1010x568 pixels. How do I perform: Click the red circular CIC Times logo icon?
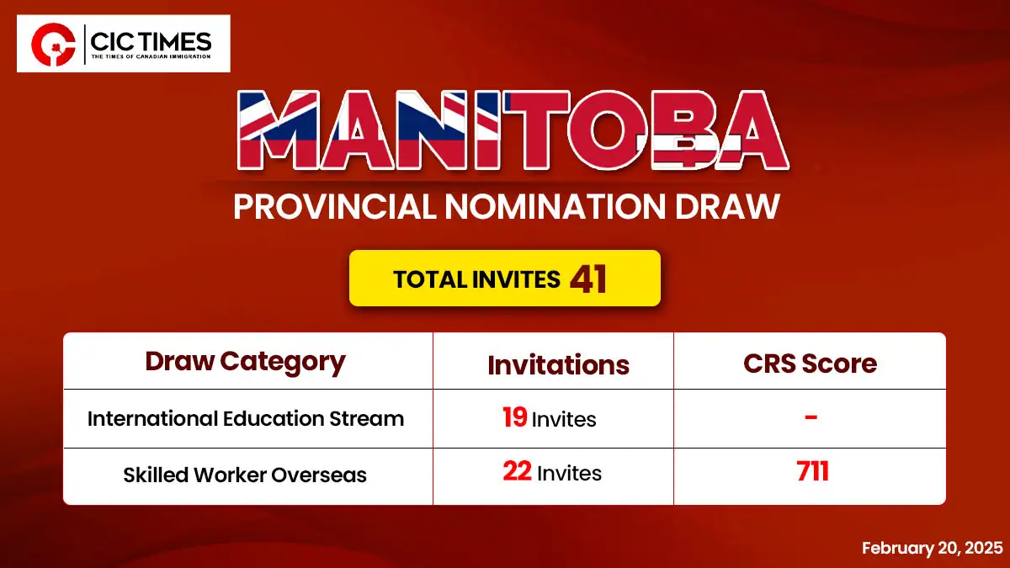53,44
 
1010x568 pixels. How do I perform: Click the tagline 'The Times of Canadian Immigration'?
151,57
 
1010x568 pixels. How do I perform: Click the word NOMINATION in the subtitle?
555,206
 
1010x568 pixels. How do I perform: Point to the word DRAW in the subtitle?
727,206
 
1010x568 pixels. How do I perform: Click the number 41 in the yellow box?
588,279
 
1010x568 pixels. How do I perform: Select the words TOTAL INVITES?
476,279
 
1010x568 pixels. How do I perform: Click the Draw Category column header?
245,363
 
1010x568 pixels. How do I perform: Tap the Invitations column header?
558,364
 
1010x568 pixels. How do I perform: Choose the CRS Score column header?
811,364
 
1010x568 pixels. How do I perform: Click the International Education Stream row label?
246,419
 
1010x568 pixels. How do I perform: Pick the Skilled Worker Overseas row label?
245,475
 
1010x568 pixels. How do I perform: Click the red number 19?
515,417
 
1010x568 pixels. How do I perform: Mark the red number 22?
517,471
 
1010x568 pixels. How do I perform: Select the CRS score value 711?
812,471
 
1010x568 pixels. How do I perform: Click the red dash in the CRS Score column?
811,417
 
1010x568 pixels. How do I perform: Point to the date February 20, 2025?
933,548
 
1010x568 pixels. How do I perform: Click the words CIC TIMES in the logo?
151,41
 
